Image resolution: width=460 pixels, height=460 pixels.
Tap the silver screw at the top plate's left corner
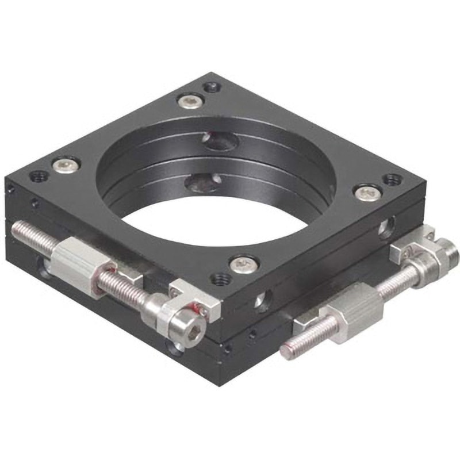coord(66,165)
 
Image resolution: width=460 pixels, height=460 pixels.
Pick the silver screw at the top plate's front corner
coord(244,264)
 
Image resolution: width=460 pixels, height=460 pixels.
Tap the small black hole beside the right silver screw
coord(392,179)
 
